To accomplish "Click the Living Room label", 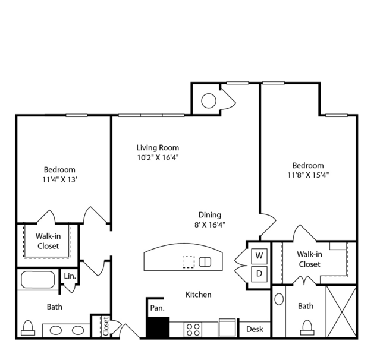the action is click(158, 148).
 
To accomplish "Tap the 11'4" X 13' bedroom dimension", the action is click(60, 179).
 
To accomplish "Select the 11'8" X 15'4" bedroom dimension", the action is click(308, 175).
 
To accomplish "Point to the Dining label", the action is click(210, 215).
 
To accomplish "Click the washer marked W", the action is click(259, 256).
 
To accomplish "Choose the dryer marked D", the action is click(259, 274).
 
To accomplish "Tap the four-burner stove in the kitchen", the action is click(194, 330).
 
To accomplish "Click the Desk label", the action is click(255, 329).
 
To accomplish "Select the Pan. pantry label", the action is click(157, 308).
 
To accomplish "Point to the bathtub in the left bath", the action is click(38, 280).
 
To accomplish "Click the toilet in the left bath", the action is click(28, 328).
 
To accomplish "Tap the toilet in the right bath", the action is click(307, 327).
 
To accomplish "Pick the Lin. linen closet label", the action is click(70, 276).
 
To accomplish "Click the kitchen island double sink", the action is click(205, 262).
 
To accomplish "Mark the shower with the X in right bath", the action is click(341, 312).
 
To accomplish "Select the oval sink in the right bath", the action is click(279, 299).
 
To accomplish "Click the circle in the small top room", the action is click(209, 101).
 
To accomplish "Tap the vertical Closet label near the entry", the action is click(106, 326).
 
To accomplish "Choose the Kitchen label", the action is click(199, 295).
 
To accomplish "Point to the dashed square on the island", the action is click(189, 262).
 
